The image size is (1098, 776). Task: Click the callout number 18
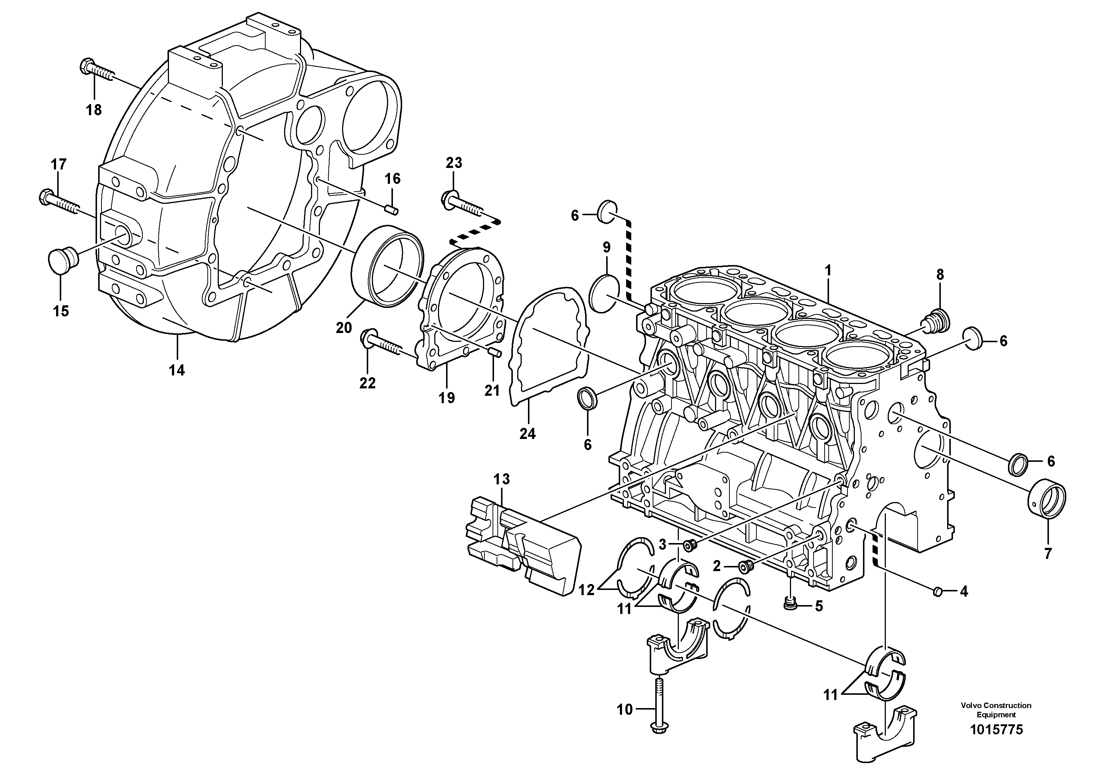pos(94,110)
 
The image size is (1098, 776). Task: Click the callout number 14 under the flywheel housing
pos(176,370)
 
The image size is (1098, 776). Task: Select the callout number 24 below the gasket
pos(528,433)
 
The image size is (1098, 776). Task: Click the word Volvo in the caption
pos(970,705)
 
